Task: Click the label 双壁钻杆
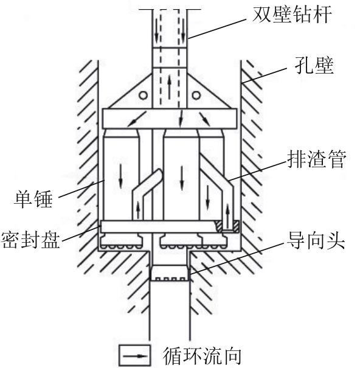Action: click(292, 15)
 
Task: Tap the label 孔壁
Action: click(314, 65)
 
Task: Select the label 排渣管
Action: click(317, 159)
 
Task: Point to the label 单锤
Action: click(33, 199)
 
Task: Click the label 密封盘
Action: click(30, 240)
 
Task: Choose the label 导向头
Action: click(316, 240)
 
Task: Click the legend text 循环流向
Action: click(202, 356)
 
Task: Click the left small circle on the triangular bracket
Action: click(144, 95)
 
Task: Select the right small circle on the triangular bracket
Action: click(196, 95)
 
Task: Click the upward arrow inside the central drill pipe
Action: click(169, 86)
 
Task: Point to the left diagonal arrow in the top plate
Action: click(137, 119)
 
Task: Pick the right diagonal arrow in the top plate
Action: click(205, 119)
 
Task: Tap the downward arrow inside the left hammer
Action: click(120, 176)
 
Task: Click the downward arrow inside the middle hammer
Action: click(182, 178)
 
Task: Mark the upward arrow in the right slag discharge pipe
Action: click(227, 216)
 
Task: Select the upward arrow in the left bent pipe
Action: click(138, 210)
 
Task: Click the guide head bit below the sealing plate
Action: click(169, 273)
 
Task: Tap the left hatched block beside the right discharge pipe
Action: click(219, 226)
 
